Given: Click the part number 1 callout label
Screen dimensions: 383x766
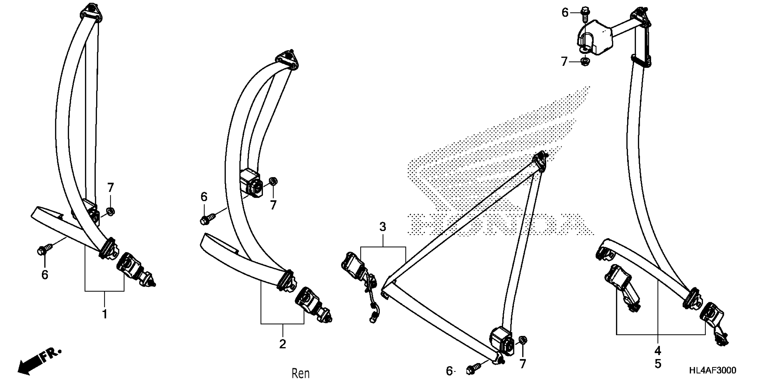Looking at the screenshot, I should click(x=104, y=314).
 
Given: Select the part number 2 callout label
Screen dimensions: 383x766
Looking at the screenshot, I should click(x=283, y=344).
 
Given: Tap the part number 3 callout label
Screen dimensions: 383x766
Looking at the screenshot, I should click(x=383, y=227).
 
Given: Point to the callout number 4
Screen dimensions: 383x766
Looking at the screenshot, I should click(x=658, y=351).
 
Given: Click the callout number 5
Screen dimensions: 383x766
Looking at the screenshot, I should click(x=658, y=364).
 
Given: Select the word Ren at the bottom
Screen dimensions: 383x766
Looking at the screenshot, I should click(x=301, y=374).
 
